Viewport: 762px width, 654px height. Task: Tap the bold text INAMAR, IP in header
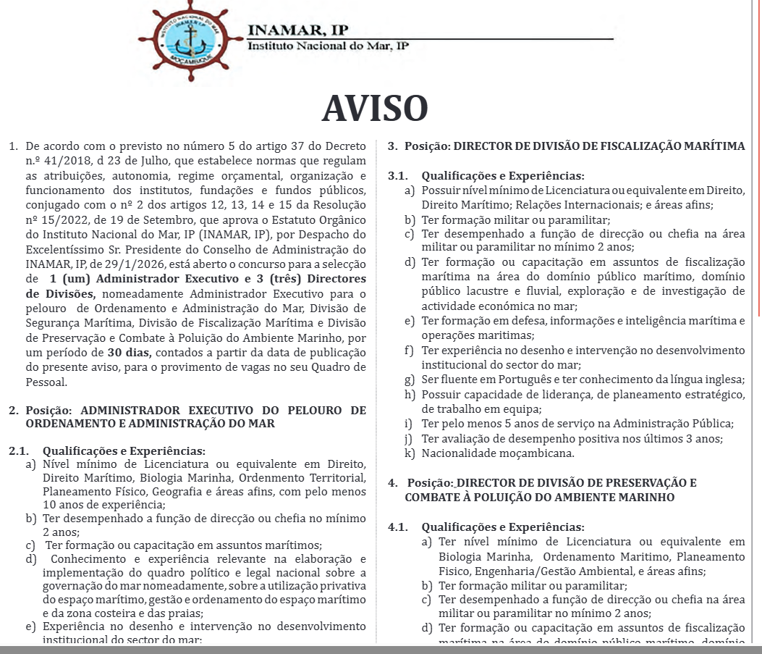pyautogui.click(x=297, y=30)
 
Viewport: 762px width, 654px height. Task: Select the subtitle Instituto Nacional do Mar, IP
pyautogui.click(x=328, y=46)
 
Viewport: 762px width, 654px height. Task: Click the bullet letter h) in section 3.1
pyautogui.click(x=410, y=394)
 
